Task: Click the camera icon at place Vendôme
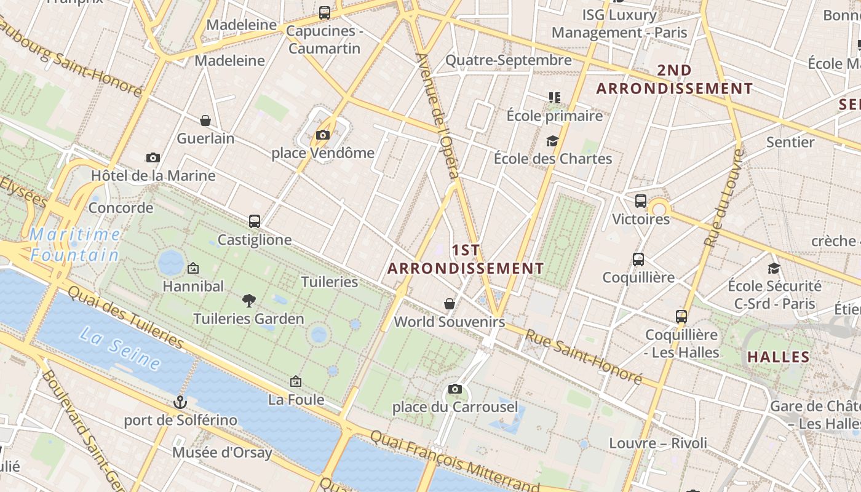click(322, 135)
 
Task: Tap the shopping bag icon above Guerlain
click(205, 121)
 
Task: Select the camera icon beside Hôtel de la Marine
click(153, 158)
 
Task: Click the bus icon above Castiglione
click(255, 221)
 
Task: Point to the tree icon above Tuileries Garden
click(249, 300)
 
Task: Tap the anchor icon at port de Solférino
click(180, 402)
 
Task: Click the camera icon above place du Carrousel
click(455, 389)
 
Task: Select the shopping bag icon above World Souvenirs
click(450, 304)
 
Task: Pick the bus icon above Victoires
click(641, 201)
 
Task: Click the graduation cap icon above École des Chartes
click(552, 141)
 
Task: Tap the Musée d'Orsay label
click(222, 453)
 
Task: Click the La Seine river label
click(121, 349)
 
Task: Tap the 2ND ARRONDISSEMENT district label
click(675, 79)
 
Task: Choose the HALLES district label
click(779, 357)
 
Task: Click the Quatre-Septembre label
click(509, 60)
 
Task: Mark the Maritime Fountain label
click(75, 244)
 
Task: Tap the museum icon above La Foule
click(296, 382)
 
